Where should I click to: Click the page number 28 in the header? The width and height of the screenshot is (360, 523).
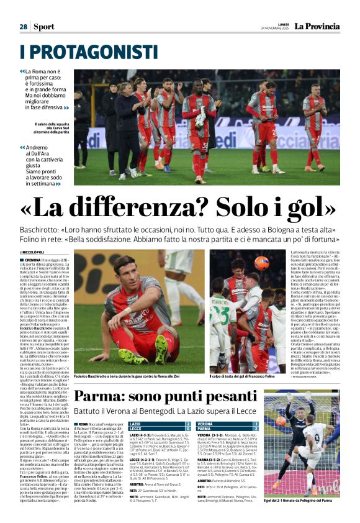(23, 27)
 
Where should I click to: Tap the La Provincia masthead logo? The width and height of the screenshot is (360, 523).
(317, 26)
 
